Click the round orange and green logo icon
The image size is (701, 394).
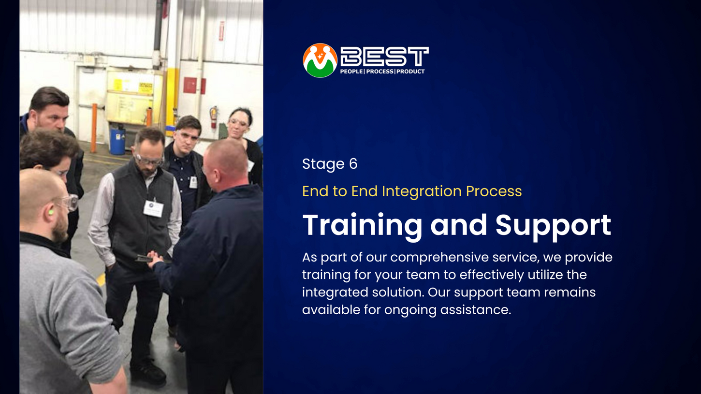[320, 60]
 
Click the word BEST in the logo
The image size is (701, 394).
[385, 57]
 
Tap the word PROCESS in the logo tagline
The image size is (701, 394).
[380, 72]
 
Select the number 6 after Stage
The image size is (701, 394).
[353, 164]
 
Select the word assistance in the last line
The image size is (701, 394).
[476, 310]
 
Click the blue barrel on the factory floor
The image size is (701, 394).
[117, 142]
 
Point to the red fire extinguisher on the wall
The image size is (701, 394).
[214, 117]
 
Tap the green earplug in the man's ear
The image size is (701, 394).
[50, 212]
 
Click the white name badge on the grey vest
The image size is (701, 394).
[153, 208]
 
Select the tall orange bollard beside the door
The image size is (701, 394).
[94, 128]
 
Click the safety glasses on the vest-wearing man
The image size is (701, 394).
[149, 160]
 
